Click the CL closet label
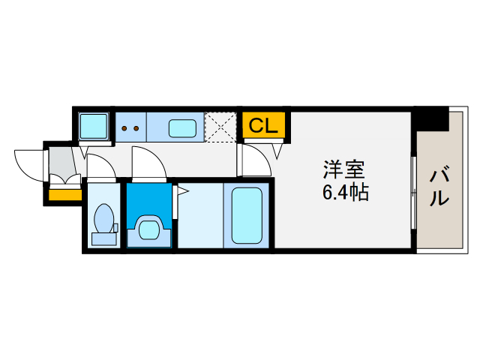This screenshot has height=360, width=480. click(263, 125)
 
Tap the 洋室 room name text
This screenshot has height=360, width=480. click(343, 169)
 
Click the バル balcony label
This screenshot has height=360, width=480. click(439, 187)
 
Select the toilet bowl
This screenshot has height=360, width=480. click(104, 220)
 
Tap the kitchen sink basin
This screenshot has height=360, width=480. click(182, 128)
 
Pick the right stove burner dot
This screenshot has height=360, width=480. click(136, 128)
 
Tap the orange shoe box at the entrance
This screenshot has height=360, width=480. click(64, 196)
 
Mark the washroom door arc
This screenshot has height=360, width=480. click(148, 163)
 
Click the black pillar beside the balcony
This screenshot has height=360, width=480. click(432, 118)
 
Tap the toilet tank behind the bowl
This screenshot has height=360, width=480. click(104, 239)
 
